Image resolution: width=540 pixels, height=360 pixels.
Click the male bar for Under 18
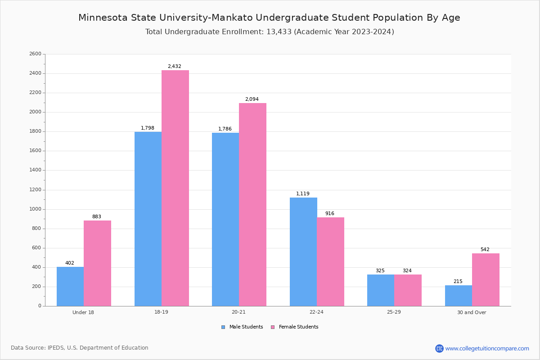(x=70, y=287)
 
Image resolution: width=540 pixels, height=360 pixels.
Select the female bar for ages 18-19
(x=175, y=188)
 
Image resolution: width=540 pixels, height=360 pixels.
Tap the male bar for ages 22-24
(x=303, y=252)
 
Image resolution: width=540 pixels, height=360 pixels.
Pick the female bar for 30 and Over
(x=486, y=280)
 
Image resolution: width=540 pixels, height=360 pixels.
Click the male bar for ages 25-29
(x=381, y=290)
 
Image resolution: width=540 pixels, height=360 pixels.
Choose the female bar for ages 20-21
(x=252, y=204)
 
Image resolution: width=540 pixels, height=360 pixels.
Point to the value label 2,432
(x=175, y=66)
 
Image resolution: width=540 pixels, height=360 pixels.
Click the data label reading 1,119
(x=303, y=193)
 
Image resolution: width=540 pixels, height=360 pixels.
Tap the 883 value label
(x=97, y=216)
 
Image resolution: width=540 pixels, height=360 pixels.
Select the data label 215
(x=458, y=281)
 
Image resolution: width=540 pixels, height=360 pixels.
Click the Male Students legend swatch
(x=223, y=327)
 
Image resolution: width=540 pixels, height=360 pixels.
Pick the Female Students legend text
(x=298, y=327)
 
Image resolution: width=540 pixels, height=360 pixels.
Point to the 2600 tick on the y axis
(x=36, y=54)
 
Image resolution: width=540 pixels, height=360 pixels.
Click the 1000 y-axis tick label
(x=36, y=209)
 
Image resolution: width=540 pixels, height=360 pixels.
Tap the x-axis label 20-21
(x=238, y=312)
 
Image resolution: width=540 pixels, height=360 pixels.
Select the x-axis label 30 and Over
(x=472, y=312)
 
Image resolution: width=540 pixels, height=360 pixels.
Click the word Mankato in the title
(x=232, y=18)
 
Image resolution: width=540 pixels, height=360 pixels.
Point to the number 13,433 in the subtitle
(x=279, y=32)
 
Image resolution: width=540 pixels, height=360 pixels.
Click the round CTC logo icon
(x=439, y=348)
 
